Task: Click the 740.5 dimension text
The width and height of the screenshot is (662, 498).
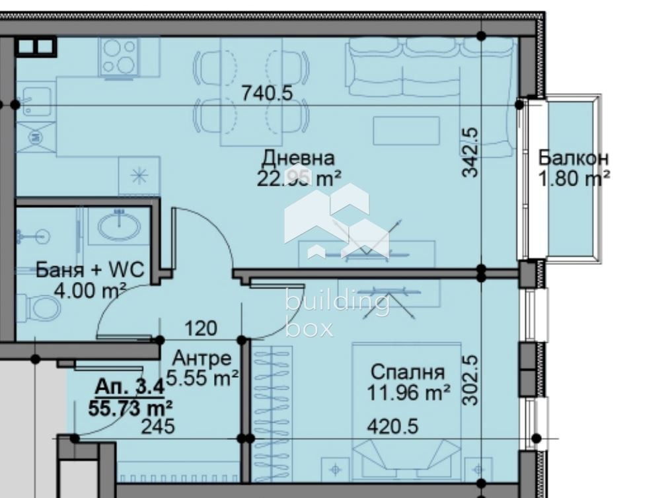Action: point(266,93)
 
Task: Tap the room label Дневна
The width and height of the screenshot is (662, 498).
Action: point(298,158)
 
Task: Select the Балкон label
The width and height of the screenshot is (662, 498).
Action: point(573,158)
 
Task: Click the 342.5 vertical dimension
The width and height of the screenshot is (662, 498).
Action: point(470,151)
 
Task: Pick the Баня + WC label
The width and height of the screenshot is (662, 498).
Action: point(90,270)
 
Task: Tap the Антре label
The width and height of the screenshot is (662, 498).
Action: point(202,359)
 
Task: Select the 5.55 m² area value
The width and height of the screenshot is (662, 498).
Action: point(202,378)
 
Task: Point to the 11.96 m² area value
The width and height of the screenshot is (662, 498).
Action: point(408,393)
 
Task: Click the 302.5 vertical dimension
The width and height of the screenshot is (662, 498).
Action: point(470,380)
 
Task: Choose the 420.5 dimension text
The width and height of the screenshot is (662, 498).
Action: point(392,427)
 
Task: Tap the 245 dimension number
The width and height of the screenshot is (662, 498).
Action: point(159,427)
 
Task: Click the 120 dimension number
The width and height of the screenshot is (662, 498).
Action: point(201,328)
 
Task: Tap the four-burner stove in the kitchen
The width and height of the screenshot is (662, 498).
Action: point(119,55)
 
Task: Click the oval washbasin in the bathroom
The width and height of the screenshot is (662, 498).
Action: point(119,227)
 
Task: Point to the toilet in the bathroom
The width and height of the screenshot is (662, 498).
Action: point(42,307)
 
